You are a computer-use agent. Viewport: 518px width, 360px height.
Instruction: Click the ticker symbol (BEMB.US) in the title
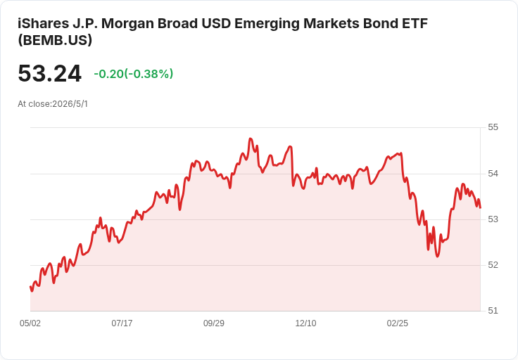point(55,40)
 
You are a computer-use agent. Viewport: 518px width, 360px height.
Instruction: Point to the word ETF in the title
point(415,23)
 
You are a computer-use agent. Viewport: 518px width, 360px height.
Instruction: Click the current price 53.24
point(49,73)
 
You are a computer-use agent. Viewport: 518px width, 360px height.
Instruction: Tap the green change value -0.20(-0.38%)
point(134,74)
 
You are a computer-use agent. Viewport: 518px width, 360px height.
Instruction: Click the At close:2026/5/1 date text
point(53,104)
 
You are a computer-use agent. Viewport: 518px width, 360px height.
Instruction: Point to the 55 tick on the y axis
point(493,127)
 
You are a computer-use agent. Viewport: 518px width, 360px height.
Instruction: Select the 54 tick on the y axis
point(493,173)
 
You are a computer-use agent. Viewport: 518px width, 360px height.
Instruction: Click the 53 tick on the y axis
point(493,219)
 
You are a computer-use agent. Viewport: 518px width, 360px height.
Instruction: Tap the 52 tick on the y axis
point(493,265)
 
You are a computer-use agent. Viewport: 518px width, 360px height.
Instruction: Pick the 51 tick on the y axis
point(493,311)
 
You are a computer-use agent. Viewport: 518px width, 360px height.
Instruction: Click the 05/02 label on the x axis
point(30,323)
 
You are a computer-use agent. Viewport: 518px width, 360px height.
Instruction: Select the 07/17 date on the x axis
point(122,323)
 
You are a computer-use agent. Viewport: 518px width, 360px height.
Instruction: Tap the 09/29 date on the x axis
point(214,323)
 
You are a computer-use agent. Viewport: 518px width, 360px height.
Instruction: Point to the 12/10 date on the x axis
point(305,323)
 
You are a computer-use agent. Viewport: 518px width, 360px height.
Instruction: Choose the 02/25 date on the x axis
point(398,323)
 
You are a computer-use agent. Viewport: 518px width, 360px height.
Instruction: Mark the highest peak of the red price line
point(250,139)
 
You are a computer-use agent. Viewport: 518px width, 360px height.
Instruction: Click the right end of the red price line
point(480,207)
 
